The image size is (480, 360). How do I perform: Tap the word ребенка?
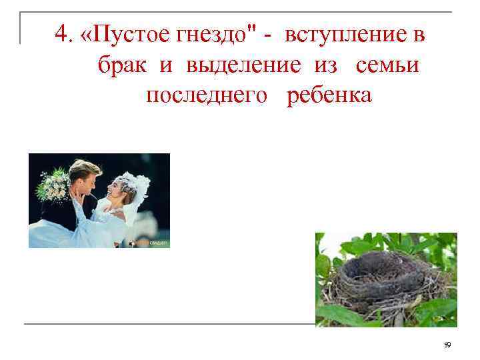(x=329, y=96)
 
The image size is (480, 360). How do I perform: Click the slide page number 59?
(x=447, y=344)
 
